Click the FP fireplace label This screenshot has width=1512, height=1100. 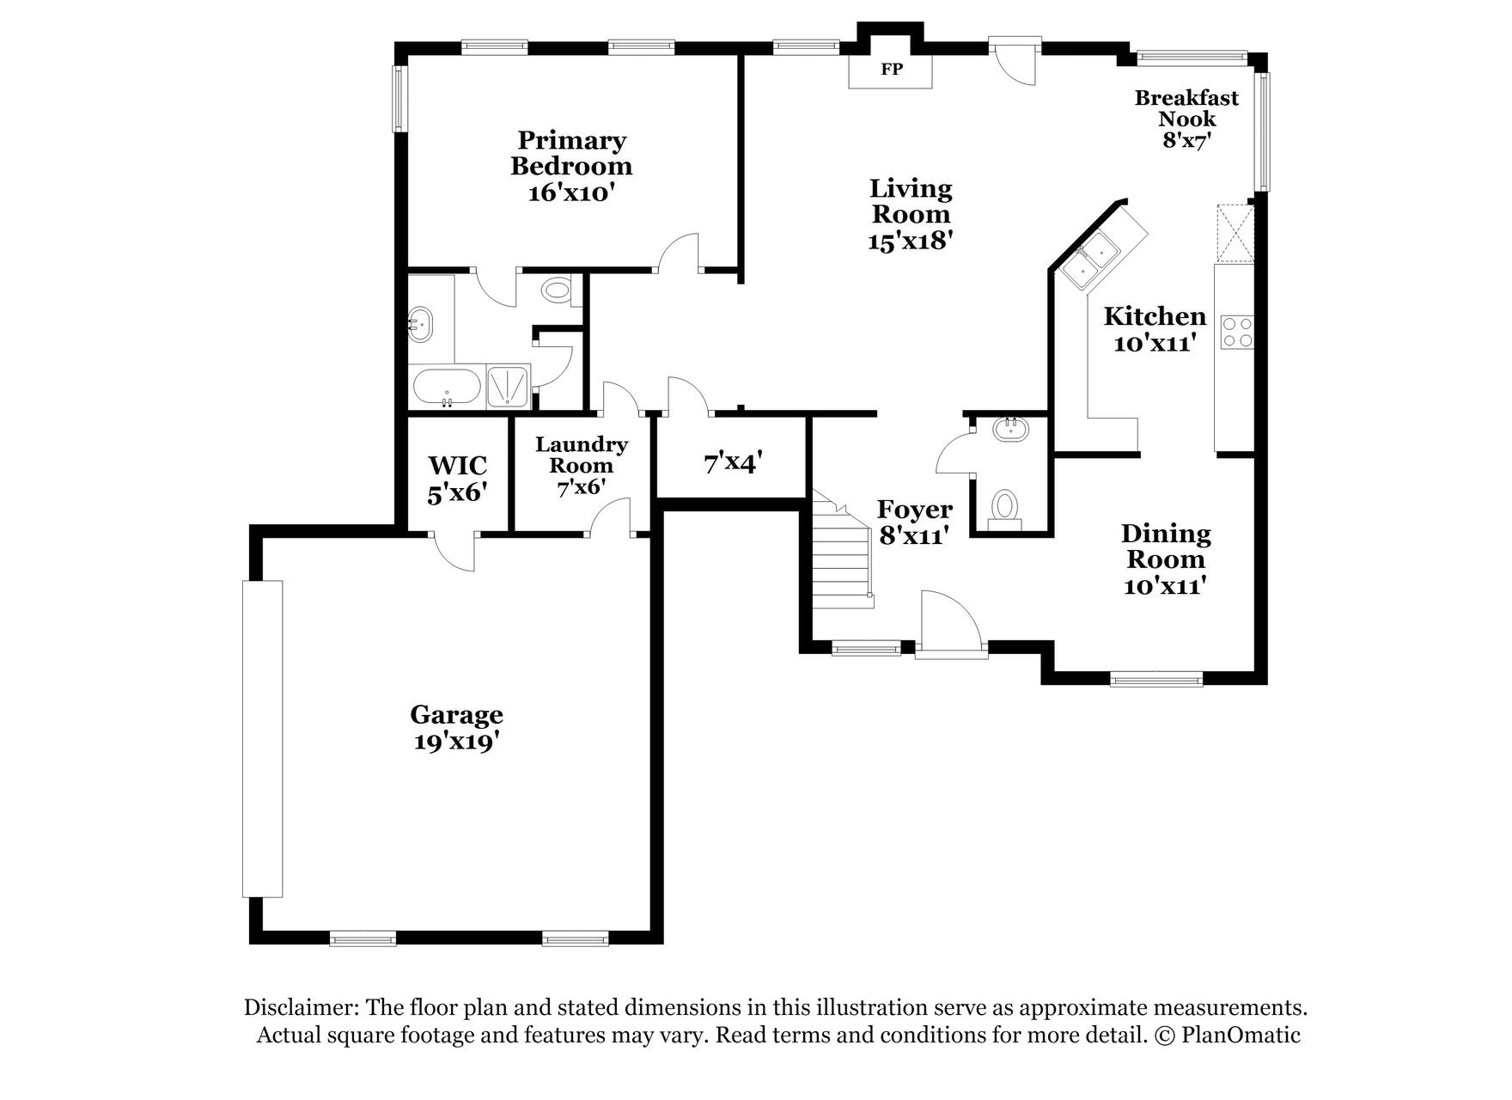coord(892,70)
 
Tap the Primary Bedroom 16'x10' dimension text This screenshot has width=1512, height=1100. coord(571,192)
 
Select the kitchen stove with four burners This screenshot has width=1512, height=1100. coord(1237,332)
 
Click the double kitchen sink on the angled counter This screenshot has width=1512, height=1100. coord(1088,261)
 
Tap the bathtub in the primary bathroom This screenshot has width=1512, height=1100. coord(447,388)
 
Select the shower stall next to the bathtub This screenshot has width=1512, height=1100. coord(509,386)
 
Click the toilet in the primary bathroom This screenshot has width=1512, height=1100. coord(558,290)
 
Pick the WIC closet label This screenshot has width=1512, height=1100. coord(458,466)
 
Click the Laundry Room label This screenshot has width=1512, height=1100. coord(582,455)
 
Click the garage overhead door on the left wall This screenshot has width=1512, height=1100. coord(262,739)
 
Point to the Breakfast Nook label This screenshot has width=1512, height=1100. coord(1186,108)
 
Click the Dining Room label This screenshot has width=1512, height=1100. coord(1166,547)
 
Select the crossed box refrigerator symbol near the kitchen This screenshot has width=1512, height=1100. coord(1235,233)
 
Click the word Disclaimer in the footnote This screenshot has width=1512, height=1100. coord(302,1007)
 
